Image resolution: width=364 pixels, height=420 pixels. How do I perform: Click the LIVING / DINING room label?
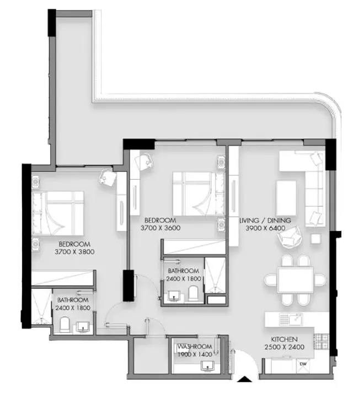pyautogui.click(x=265, y=220)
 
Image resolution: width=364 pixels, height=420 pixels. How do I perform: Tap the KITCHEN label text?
pyautogui.click(x=284, y=339)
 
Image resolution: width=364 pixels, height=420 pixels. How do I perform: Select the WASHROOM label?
pyautogui.click(x=195, y=347)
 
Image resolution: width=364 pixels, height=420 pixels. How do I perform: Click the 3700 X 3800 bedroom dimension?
pyautogui.click(x=74, y=252)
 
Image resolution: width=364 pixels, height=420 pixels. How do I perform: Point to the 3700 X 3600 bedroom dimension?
pyautogui.click(x=160, y=228)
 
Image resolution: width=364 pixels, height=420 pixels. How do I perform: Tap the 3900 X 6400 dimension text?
pyautogui.click(x=265, y=228)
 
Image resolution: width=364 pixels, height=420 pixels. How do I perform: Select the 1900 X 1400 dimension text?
pyautogui.click(x=195, y=354)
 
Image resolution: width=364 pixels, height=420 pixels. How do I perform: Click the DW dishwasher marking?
pyautogui.click(x=303, y=364)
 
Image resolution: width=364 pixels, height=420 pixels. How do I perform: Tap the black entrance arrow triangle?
pyautogui.click(x=244, y=379)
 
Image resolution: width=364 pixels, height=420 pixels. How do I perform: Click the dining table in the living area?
pyautogui.click(x=296, y=280)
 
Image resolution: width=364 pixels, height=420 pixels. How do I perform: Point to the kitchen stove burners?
pyautogui.click(x=321, y=342)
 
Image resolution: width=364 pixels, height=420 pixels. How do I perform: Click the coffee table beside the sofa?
pyautogui.click(x=286, y=198)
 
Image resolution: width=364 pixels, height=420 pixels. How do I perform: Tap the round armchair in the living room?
pyautogui.click(x=290, y=237)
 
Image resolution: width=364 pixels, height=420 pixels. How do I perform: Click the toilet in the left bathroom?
pyautogui.click(x=65, y=325)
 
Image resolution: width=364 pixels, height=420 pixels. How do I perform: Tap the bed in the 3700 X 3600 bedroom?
pyautogui.click(x=199, y=193)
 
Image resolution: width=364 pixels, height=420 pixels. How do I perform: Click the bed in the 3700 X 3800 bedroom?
pyautogui.click(x=58, y=213)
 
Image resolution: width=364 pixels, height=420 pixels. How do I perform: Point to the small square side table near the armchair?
pyautogui.click(x=316, y=239)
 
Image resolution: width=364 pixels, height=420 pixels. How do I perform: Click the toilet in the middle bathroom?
pyautogui.click(x=193, y=293)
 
